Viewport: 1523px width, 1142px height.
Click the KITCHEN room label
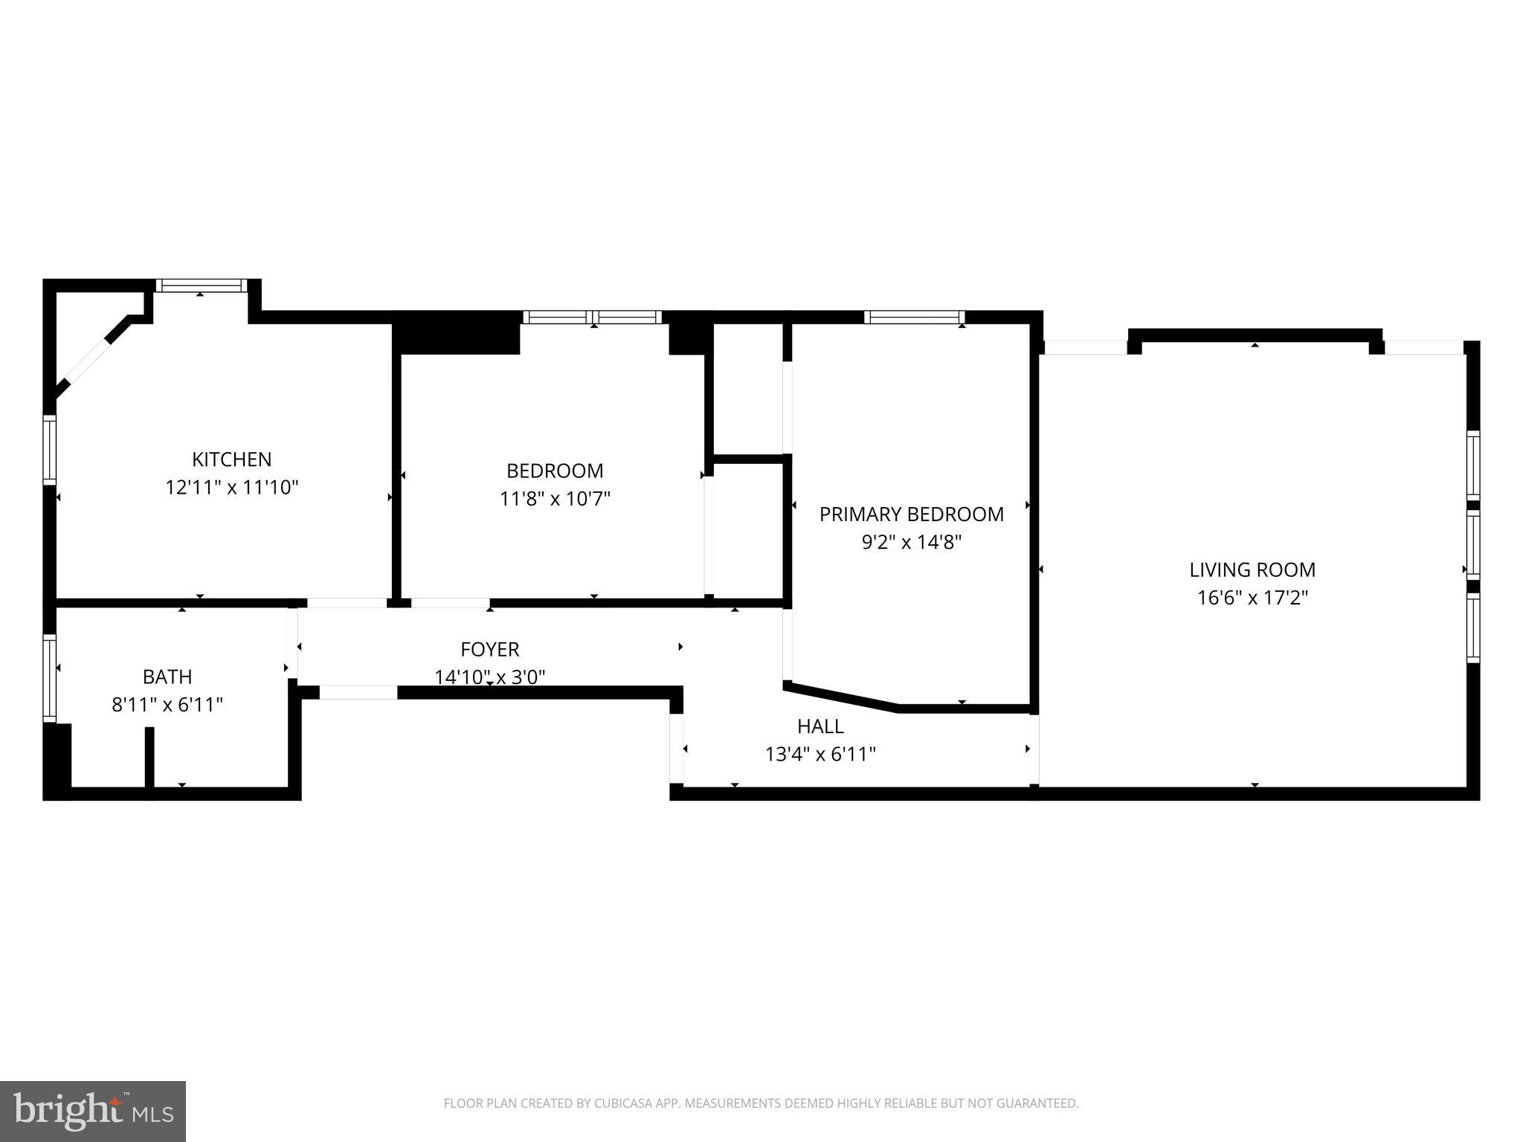231,459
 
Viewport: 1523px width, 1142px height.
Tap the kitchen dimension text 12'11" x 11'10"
231,488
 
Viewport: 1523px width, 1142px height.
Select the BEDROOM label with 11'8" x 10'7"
555,471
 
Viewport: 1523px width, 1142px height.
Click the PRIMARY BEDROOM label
911,514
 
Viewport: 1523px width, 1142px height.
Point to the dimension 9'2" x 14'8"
911,543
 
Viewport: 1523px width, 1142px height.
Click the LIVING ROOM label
1252,570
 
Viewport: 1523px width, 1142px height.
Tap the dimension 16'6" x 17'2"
1252,598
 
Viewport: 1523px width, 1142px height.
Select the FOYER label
489,650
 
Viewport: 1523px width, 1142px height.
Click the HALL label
820,726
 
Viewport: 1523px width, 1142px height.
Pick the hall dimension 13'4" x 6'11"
820,755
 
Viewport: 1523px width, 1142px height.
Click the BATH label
167,677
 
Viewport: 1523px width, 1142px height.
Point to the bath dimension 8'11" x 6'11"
167,705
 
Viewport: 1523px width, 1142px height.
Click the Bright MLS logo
92,1111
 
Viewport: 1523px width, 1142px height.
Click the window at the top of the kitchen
201,285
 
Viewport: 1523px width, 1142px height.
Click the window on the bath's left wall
49,677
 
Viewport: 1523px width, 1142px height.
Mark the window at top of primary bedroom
914,317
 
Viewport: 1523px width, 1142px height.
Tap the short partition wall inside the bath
149,756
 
